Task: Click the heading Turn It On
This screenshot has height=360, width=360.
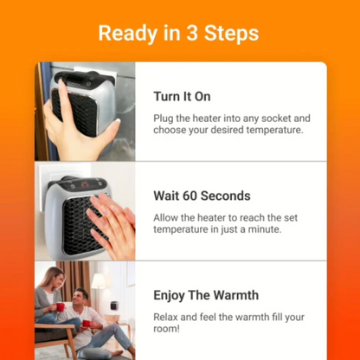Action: tap(182, 96)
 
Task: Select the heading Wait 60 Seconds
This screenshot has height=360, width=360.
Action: tap(202, 196)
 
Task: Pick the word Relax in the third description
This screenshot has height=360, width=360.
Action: tap(168, 316)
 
